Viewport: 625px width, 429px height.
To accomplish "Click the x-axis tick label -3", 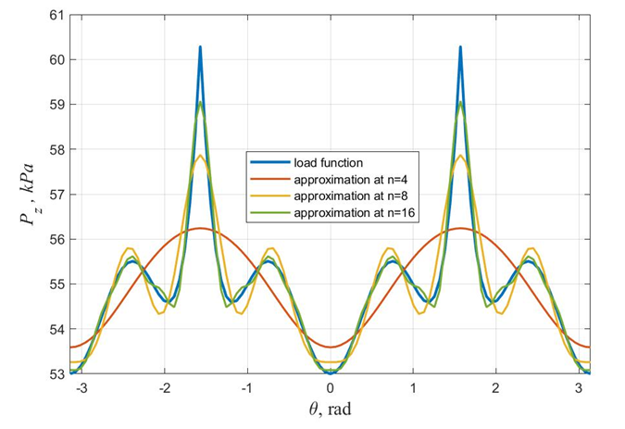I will [81, 387].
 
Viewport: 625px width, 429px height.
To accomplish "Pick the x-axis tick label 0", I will [331, 387].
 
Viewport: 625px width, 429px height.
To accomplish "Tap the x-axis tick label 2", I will [496, 387].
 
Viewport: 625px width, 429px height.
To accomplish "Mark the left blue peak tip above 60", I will [200, 46].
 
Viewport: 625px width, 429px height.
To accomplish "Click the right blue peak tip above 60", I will [460, 46].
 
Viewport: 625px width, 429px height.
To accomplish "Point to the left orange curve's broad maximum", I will [200, 228].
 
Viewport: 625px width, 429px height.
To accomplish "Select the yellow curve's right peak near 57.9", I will [460, 155].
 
